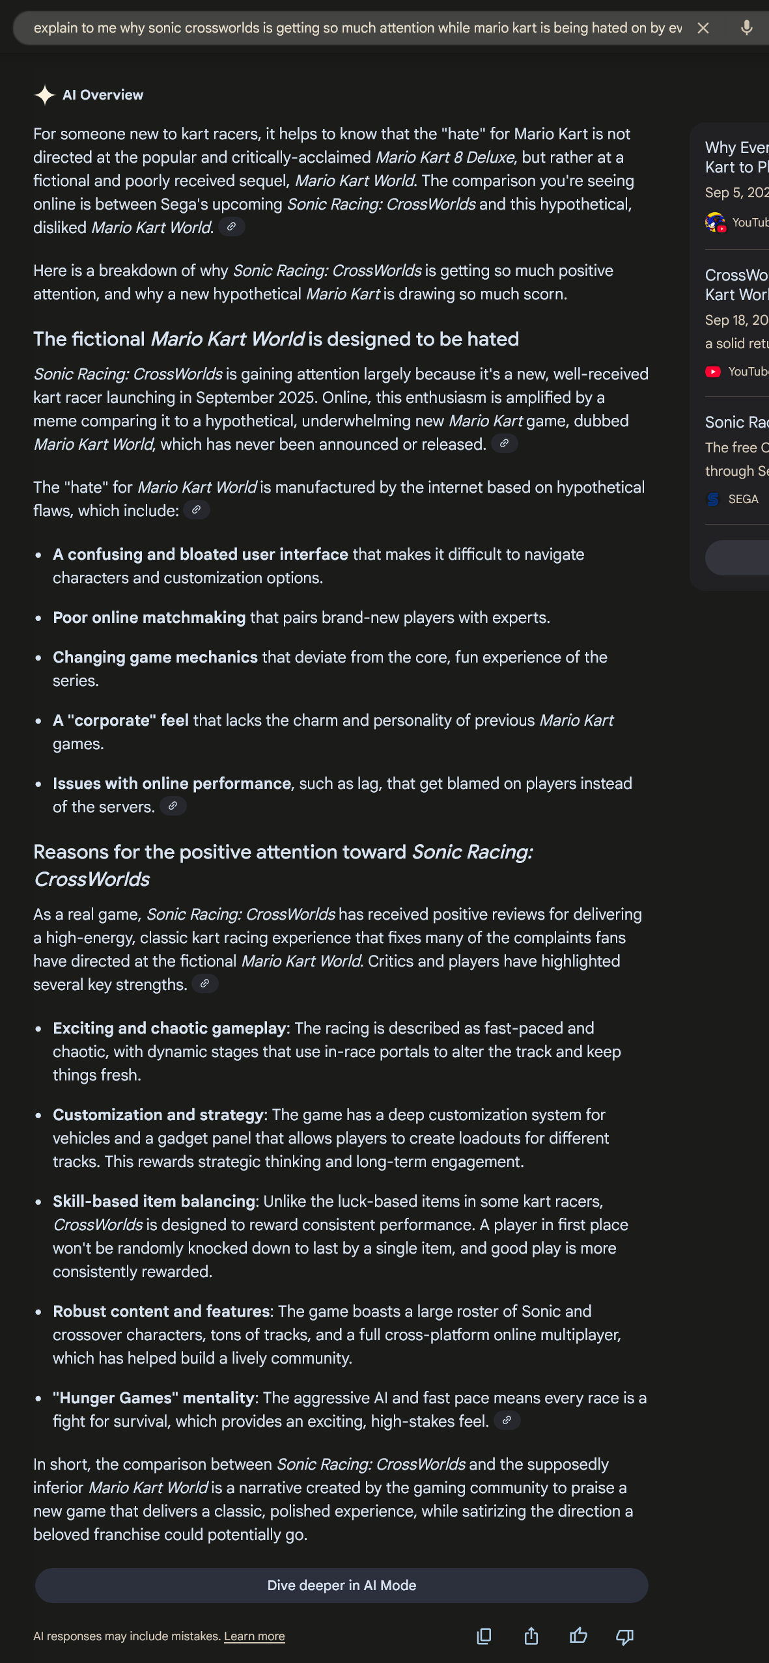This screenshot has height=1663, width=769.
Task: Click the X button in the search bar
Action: [703, 28]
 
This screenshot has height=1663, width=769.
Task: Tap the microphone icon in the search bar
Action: [746, 28]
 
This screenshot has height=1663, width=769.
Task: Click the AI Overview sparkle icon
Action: [44, 95]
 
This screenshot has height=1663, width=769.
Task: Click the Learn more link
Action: [254, 1636]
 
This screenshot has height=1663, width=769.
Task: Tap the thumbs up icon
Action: [578, 1636]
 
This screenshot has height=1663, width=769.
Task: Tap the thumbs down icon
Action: [625, 1636]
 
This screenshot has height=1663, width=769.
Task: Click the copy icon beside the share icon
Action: [484, 1636]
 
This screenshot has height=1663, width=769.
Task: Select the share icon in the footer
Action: [531, 1636]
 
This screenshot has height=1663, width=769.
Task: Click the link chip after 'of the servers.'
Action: [173, 806]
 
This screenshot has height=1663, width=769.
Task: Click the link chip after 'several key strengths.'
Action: [204, 983]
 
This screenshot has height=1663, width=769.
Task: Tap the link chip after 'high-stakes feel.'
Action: [507, 1420]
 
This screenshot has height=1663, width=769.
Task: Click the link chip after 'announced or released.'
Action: [504, 443]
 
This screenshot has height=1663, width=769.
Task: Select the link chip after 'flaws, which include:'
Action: [196, 510]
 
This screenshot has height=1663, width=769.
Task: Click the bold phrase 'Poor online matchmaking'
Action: [149, 618]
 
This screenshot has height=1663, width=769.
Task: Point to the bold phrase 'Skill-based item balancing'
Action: [154, 1202]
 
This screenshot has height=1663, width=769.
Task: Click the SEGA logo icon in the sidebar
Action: [714, 499]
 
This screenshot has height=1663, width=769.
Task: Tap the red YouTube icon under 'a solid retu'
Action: [714, 372]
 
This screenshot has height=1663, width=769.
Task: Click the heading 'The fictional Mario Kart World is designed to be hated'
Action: [276, 339]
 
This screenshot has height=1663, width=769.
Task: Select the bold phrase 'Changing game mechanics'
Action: [155, 657]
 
